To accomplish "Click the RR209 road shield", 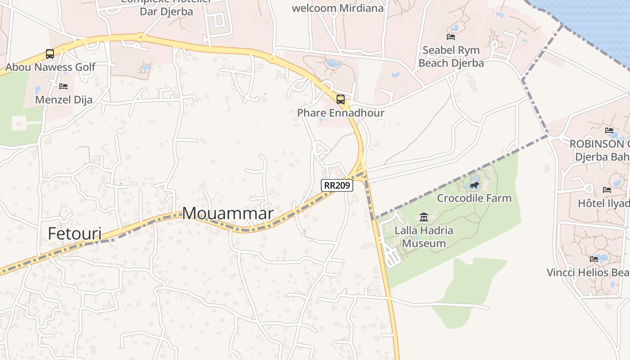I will pyautogui.click(x=337, y=185).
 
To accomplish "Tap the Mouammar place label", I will pyautogui.click(x=228, y=213).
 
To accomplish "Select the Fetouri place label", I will pyautogui.click(x=75, y=234).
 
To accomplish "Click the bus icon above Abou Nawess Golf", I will pyautogui.click(x=50, y=54).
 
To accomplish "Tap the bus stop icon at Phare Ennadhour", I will pyautogui.click(x=341, y=99).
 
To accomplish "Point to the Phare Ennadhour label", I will pyautogui.click(x=341, y=113).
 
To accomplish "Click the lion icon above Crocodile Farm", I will pyautogui.click(x=474, y=185).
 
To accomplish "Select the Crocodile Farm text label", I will pyautogui.click(x=474, y=198).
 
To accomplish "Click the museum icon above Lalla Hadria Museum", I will pyautogui.click(x=423, y=218).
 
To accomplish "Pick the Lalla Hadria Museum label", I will pyautogui.click(x=423, y=237).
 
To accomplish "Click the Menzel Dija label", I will pyautogui.click(x=63, y=100).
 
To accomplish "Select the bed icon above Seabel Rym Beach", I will pyautogui.click(x=451, y=37).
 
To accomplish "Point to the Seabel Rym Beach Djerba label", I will pyautogui.click(x=451, y=57).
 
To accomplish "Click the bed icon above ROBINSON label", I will pyautogui.click(x=609, y=130).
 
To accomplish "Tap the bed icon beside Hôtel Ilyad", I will pyautogui.click(x=607, y=189).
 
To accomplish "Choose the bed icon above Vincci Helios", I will pyautogui.click(x=594, y=259).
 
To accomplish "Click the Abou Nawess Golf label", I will pyautogui.click(x=50, y=67).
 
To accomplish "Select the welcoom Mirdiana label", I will pyautogui.click(x=337, y=8).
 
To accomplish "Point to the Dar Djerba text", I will pyautogui.click(x=166, y=12).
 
